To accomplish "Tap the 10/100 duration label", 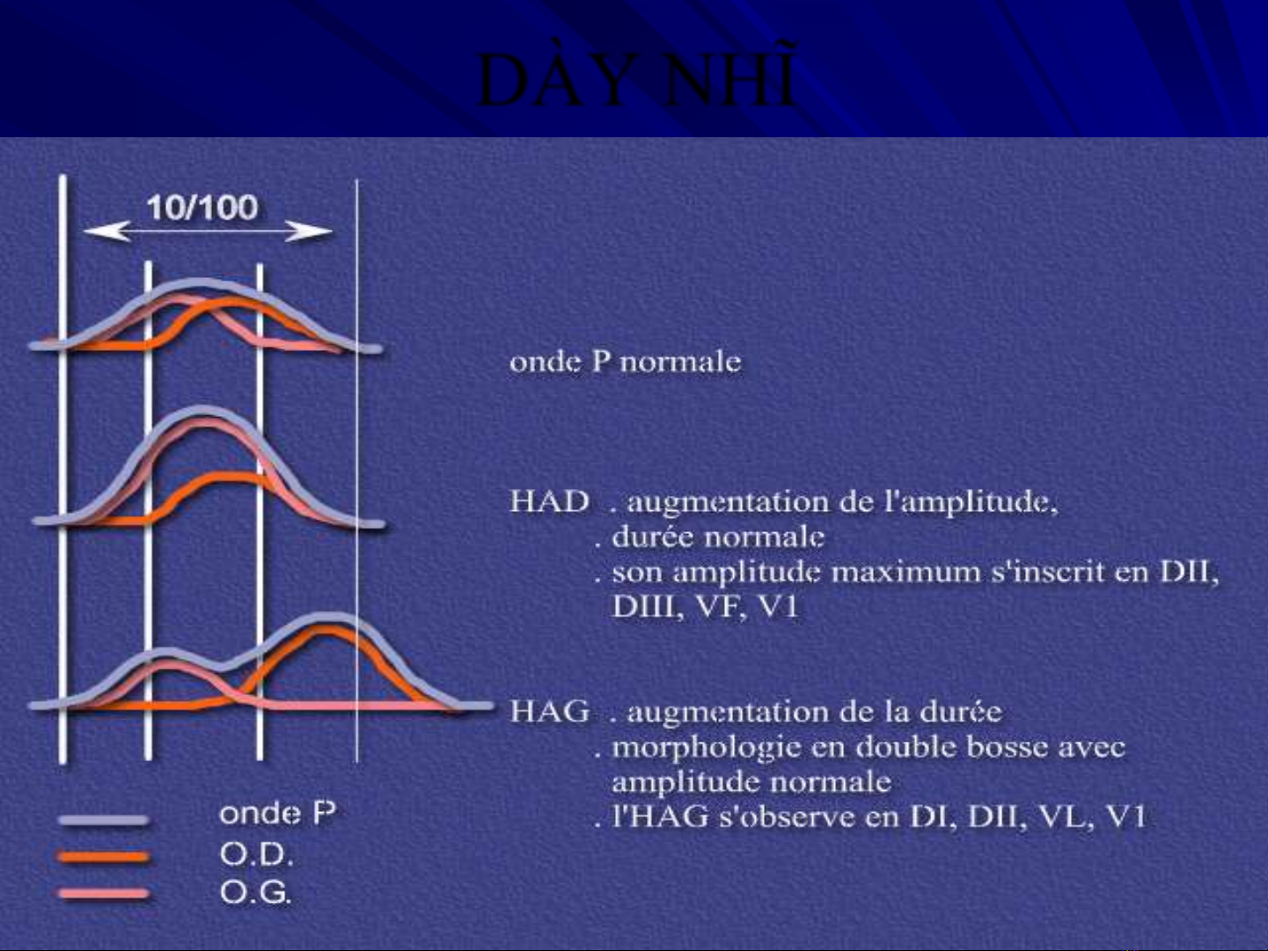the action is [x=202, y=208].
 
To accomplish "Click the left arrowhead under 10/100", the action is [x=106, y=231].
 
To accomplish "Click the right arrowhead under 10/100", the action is [x=310, y=231].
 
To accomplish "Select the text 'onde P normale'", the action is [x=625, y=362].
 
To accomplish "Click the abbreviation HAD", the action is [x=550, y=501].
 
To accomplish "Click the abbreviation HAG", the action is [x=550, y=711].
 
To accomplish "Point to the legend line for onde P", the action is [x=104, y=820].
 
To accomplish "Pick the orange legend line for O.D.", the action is [x=104, y=857].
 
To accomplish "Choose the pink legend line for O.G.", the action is [x=104, y=894].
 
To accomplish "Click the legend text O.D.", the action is [x=256, y=854].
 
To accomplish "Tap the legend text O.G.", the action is [x=255, y=893].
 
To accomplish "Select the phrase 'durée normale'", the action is [x=718, y=537].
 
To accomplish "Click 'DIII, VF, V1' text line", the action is [x=706, y=607].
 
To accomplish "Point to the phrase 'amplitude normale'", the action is [x=751, y=783].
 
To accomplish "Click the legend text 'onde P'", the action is [x=278, y=814].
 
